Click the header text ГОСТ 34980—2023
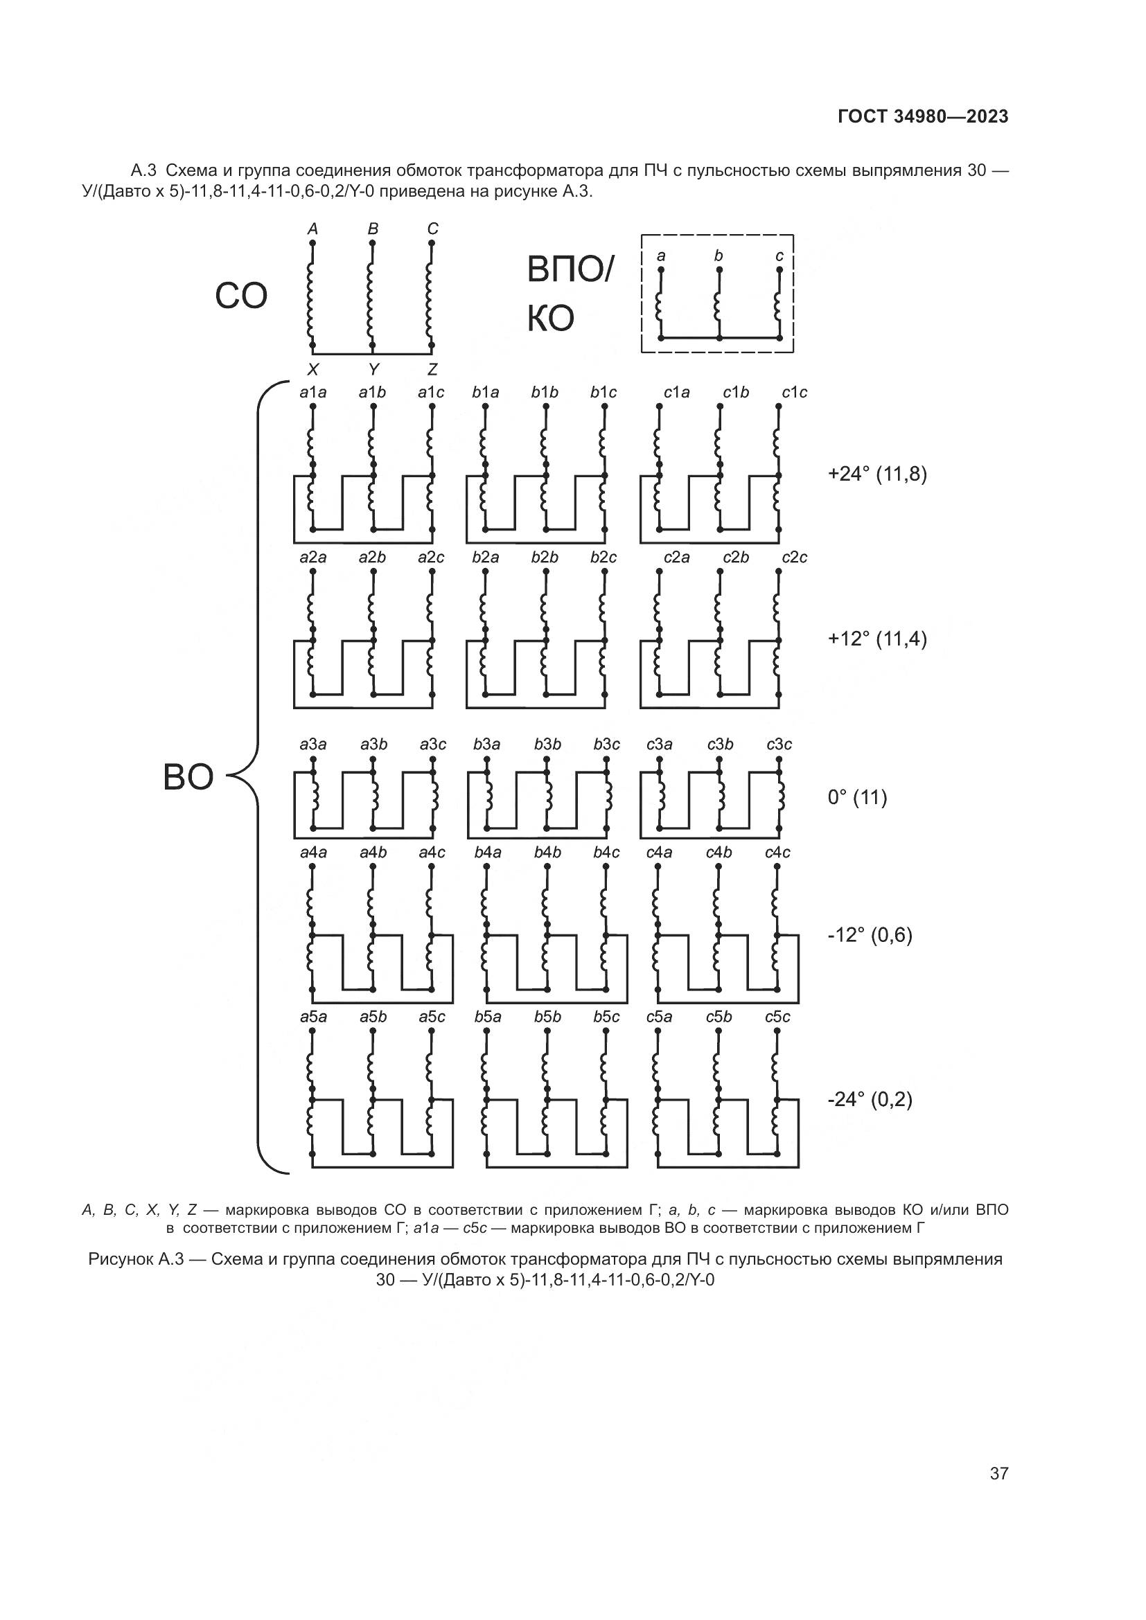tap(923, 117)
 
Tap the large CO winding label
tap(240, 296)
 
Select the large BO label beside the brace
tap(188, 778)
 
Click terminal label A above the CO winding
tap(313, 229)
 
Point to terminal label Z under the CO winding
tap(432, 369)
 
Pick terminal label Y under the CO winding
tap(373, 369)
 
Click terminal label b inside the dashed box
tap(719, 256)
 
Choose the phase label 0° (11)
tap(857, 798)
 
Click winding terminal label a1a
tap(313, 392)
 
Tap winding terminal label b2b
tap(545, 558)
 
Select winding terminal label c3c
tap(779, 745)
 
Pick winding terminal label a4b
tap(373, 853)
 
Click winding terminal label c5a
tap(659, 1017)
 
